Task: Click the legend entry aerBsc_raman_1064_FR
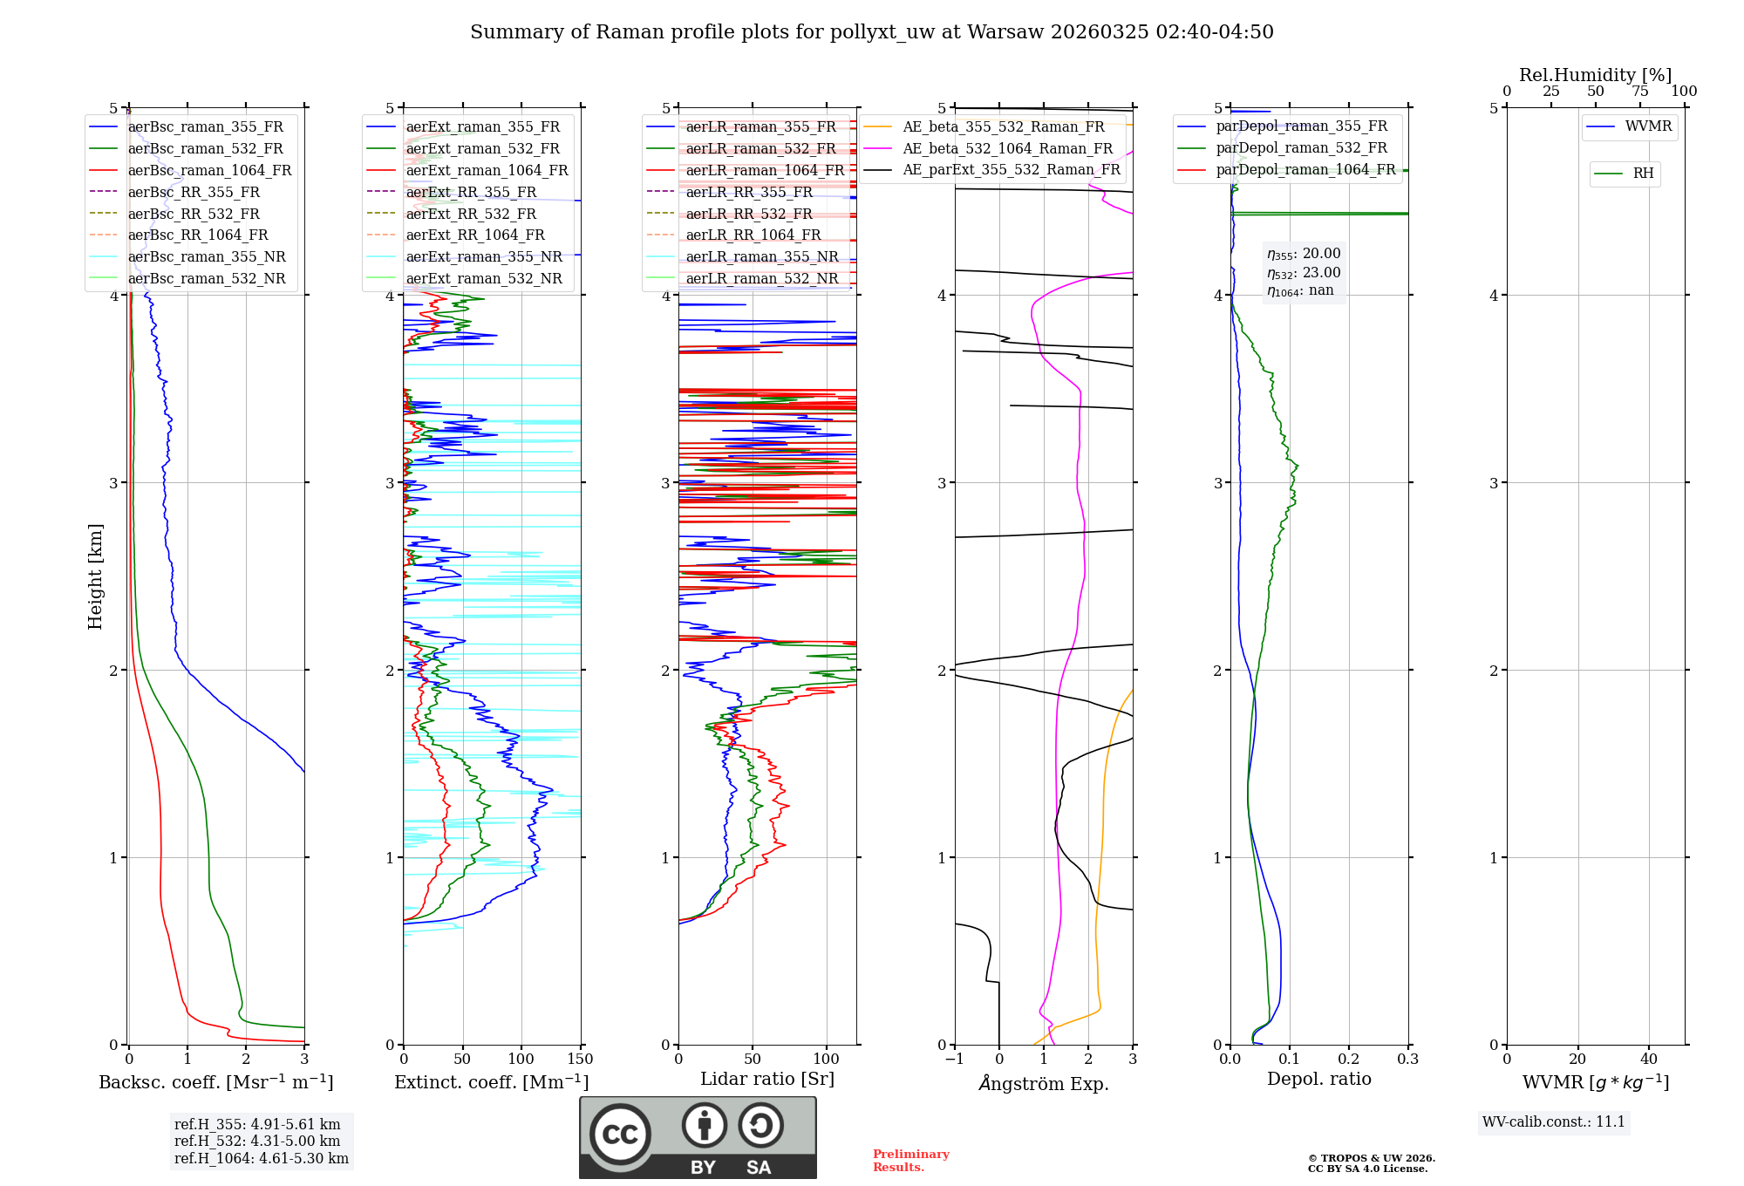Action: (x=209, y=170)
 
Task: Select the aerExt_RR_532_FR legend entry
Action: (x=471, y=214)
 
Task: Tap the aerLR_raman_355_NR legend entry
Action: (x=761, y=256)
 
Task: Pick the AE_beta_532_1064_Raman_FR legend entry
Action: (x=1007, y=148)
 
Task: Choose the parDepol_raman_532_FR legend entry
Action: (x=1301, y=148)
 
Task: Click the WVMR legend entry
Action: (x=1648, y=126)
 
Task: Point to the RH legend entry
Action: (x=1643, y=174)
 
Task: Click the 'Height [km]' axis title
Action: (x=95, y=576)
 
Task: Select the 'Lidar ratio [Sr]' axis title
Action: (x=767, y=1079)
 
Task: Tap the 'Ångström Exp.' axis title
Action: (x=1044, y=1083)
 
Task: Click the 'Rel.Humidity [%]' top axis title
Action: (x=1595, y=75)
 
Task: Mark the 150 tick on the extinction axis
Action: (x=581, y=1060)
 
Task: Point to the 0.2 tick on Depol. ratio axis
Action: (x=1349, y=1060)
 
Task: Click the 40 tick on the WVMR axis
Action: (x=1649, y=1060)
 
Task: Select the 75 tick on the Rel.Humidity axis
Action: (x=1640, y=92)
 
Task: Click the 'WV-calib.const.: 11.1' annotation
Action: (x=1554, y=1122)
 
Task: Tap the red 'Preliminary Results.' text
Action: (x=910, y=1161)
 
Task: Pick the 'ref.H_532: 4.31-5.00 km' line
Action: (x=257, y=1141)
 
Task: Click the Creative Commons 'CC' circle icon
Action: (x=620, y=1134)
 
